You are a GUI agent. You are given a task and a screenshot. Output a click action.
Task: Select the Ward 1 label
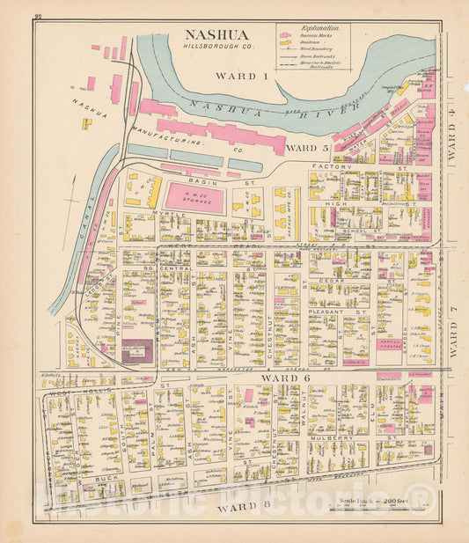pos(241,77)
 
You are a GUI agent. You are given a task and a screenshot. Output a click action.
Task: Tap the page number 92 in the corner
pos(38,16)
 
